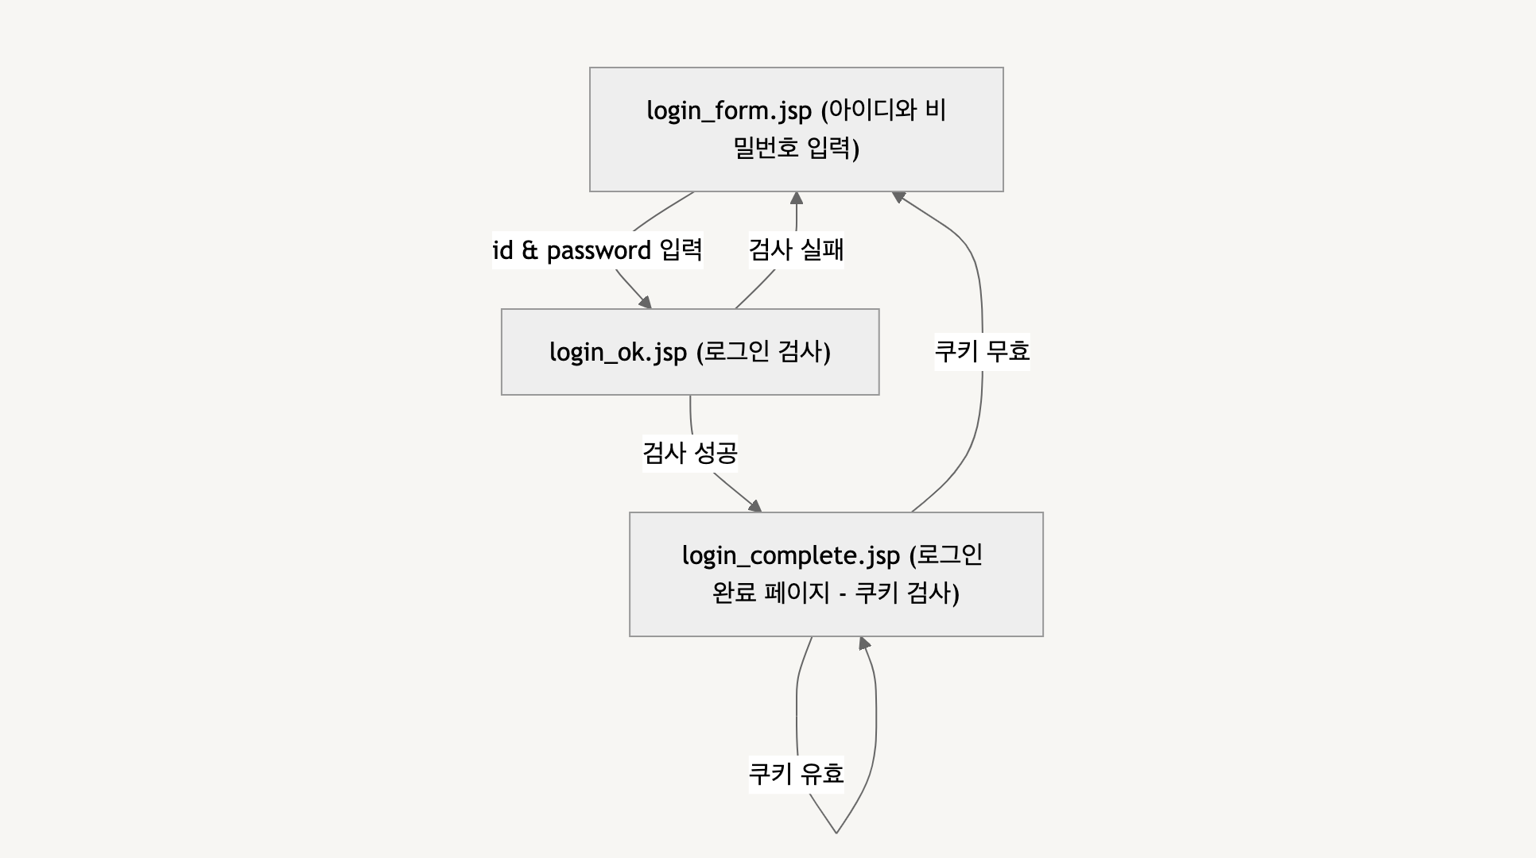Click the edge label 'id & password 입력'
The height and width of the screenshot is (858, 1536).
tap(597, 250)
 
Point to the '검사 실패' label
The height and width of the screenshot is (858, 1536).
tap(796, 250)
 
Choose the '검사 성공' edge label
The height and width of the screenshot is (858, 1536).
tap(690, 454)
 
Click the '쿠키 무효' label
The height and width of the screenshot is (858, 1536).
tap(982, 351)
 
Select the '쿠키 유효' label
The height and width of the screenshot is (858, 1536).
tap(796, 773)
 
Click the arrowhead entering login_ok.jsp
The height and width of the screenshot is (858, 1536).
tap(645, 303)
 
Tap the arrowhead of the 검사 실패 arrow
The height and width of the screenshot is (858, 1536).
tap(796, 198)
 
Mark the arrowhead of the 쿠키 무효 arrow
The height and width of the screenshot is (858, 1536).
tap(898, 195)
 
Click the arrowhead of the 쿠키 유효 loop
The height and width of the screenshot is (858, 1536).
tap(864, 643)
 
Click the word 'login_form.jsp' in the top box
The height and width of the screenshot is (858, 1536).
tap(728, 110)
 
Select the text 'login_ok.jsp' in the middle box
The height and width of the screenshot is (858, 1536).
tap(618, 352)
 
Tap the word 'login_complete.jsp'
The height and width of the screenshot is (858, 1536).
tap(790, 555)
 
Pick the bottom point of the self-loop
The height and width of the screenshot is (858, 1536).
tap(836, 833)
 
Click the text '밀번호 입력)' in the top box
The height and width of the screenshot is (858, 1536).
tap(796, 149)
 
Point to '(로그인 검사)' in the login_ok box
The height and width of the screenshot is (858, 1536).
tap(763, 352)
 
